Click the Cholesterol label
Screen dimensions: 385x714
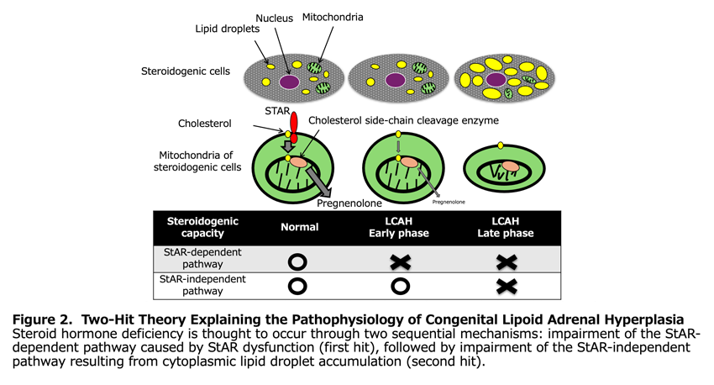click(207, 124)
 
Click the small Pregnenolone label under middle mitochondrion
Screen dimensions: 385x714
click(448, 202)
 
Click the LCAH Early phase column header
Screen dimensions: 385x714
click(400, 227)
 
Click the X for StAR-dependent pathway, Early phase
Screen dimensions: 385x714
click(400, 259)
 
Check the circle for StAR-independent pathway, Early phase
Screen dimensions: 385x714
click(400, 285)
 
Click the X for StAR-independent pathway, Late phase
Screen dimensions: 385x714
click(505, 286)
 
